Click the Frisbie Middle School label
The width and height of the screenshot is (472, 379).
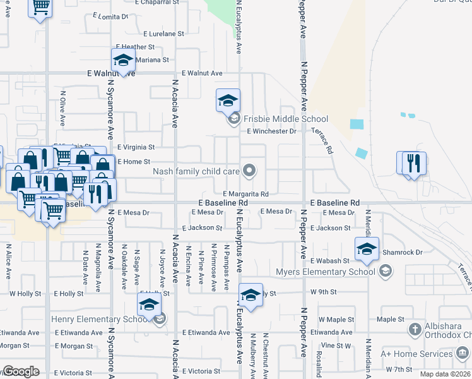285,119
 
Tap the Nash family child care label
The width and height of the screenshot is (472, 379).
196,171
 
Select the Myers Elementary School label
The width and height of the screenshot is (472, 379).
326,272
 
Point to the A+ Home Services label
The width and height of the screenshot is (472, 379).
430,354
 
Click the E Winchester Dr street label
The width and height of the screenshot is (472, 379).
271,131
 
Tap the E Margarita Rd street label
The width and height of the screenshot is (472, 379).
246,194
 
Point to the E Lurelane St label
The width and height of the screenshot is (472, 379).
163,33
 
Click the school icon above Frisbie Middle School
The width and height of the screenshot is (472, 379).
228,100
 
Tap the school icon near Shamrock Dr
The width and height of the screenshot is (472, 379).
366,248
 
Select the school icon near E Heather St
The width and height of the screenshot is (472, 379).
123,60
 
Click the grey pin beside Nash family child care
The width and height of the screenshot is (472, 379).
250,170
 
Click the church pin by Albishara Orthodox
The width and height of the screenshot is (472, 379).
415,328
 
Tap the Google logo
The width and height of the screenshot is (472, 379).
21,371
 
